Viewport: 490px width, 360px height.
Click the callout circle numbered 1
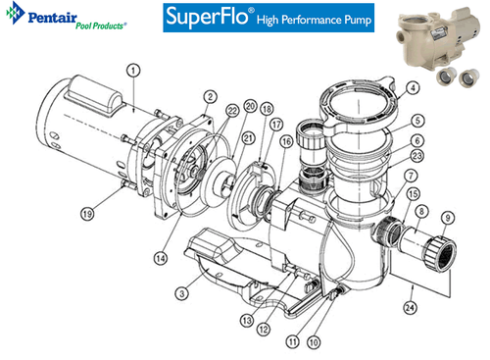coord(133,71)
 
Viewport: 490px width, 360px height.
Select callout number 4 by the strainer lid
coord(413,88)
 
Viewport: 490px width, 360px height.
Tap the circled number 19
coord(87,214)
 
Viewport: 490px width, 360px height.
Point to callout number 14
coord(161,259)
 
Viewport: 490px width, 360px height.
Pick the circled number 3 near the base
coord(182,293)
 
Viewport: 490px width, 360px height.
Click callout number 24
coord(410,308)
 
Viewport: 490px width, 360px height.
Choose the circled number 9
coord(448,218)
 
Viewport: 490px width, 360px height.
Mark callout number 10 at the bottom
coord(314,342)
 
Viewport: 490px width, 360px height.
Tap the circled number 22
coord(232,111)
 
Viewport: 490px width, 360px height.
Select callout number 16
coord(286,142)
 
